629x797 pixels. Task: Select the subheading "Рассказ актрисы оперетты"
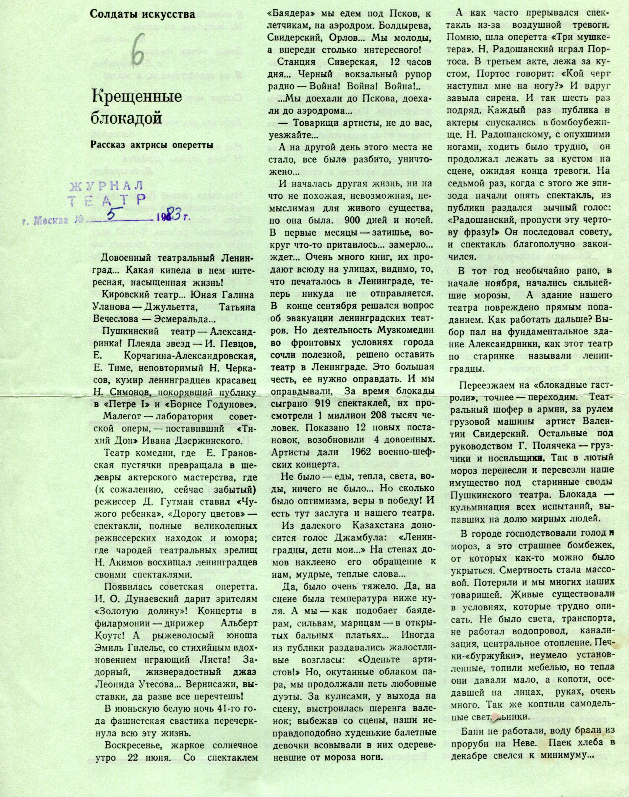(x=152, y=144)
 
